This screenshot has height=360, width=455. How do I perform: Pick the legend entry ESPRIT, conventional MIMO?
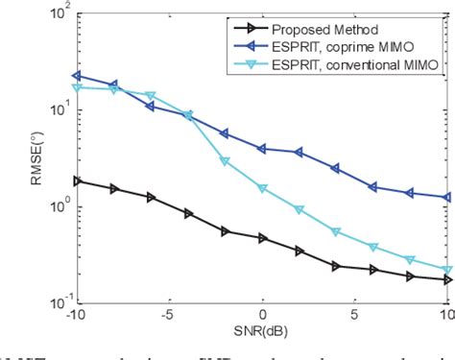click(x=347, y=63)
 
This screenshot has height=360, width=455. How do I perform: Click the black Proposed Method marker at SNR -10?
click(x=78, y=180)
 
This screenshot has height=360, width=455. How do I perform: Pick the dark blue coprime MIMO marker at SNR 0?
click(x=262, y=149)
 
